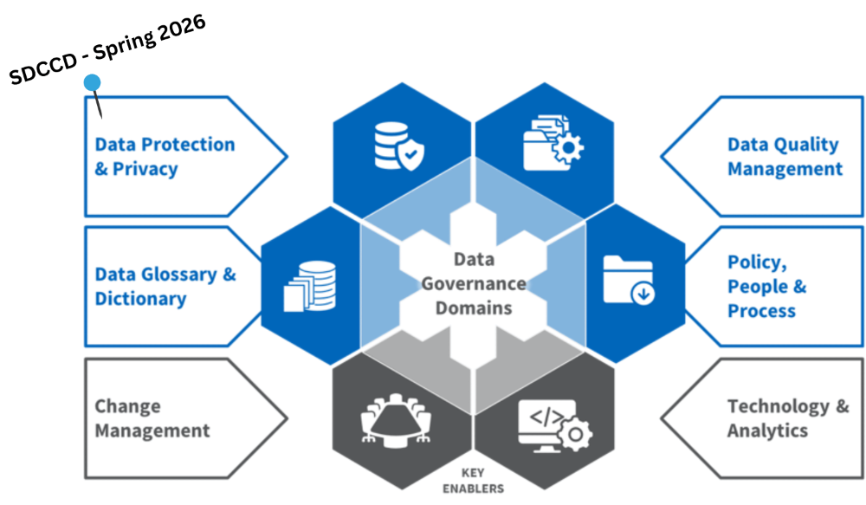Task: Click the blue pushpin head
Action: pos(92,83)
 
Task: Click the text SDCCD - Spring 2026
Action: pos(107,50)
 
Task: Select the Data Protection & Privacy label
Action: pos(165,157)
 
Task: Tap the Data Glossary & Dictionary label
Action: pos(165,287)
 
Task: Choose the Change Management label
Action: pos(152,418)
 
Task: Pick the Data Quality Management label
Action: pos(784,157)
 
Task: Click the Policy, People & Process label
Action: pos(766,287)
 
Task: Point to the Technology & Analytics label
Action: pos(787,418)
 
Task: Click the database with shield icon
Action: pos(401,145)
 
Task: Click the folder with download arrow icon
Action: pos(629,280)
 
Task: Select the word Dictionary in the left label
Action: pos(140,299)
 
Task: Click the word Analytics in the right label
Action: pos(767,431)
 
